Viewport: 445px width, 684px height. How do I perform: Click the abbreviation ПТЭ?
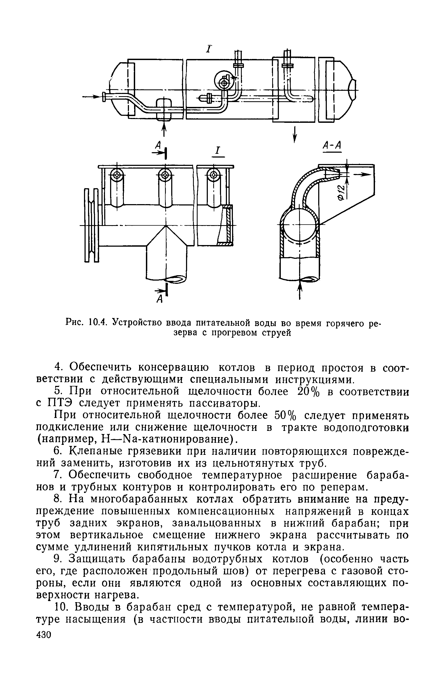coord(59,403)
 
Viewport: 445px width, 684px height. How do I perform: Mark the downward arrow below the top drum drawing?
coord(295,134)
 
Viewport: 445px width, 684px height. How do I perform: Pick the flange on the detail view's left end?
coord(91,225)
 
